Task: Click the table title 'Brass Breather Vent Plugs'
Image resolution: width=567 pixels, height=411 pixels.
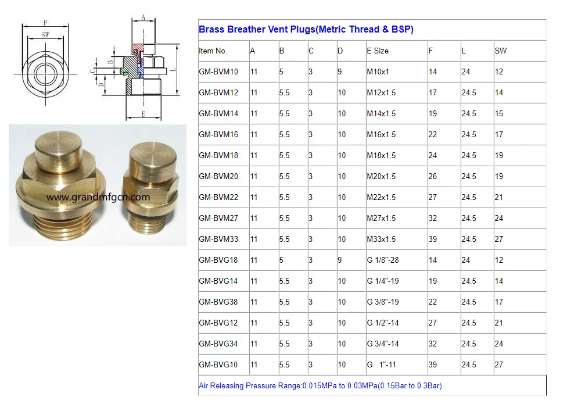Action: pyautogui.click(x=306, y=30)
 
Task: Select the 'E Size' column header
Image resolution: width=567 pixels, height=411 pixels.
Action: pyautogui.click(x=378, y=51)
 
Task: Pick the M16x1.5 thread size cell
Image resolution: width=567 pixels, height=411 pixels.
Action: pyautogui.click(x=381, y=135)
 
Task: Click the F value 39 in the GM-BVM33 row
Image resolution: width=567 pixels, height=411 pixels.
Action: pyautogui.click(x=433, y=240)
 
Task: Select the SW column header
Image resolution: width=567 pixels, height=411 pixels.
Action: pyautogui.click(x=501, y=51)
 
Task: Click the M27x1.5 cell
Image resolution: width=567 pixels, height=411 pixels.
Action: pyautogui.click(x=381, y=219)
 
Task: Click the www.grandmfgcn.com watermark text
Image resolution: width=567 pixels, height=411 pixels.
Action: pyautogui.click(x=98, y=197)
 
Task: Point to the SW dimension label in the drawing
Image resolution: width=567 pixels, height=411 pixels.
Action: pyautogui.click(x=45, y=35)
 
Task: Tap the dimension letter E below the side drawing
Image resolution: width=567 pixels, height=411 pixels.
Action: pyautogui.click(x=143, y=115)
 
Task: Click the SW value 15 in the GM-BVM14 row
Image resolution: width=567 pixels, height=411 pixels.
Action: pyautogui.click(x=499, y=114)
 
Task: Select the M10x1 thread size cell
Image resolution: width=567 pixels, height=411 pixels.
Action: pyautogui.click(x=378, y=72)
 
